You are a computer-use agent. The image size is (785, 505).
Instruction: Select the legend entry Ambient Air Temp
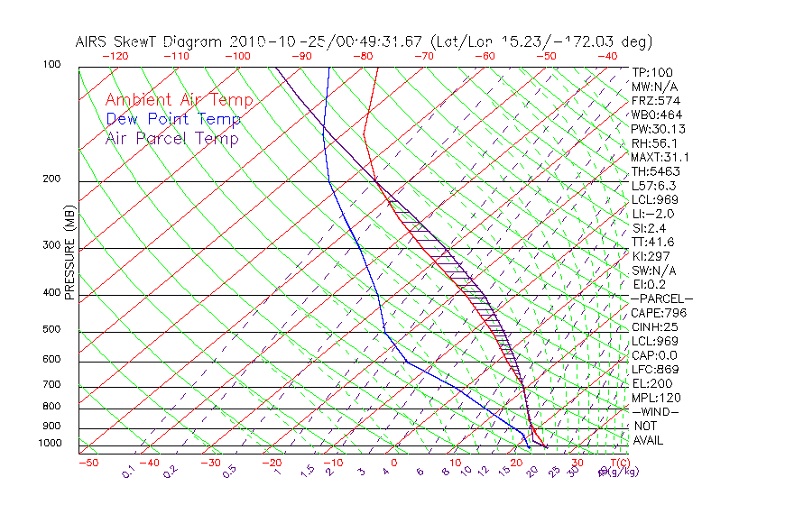(179, 100)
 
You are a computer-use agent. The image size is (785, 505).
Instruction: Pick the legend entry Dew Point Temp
(173, 119)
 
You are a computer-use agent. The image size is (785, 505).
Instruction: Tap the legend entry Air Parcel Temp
(171, 138)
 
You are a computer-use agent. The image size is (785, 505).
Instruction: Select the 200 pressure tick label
(51, 179)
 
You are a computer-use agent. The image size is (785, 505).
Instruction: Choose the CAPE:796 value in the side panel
(655, 313)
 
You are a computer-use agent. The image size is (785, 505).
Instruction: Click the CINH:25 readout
(654, 326)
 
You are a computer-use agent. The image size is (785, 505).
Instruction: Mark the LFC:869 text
(654, 369)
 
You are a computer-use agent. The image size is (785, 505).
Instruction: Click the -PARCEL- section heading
(661, 298)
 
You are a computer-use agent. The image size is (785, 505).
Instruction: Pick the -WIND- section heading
(655, 411)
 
